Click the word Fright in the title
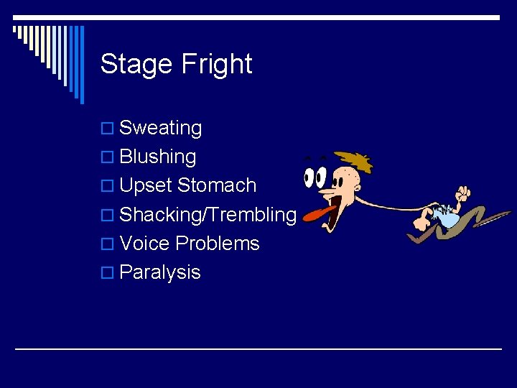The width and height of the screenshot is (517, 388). coord(216,65)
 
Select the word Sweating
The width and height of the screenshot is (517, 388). coord(160,128)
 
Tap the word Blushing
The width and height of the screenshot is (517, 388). coord(158,157)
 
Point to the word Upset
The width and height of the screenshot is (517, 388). coord(146,185)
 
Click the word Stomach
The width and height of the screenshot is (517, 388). coord(216,185)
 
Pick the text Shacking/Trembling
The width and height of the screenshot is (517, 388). coord(208,214)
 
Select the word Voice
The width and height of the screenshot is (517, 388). coord(145,243)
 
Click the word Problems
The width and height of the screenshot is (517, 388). coord(218,243)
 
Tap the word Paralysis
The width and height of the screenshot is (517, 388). coord(160,272)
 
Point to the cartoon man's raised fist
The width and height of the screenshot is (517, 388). coord(462,193)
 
